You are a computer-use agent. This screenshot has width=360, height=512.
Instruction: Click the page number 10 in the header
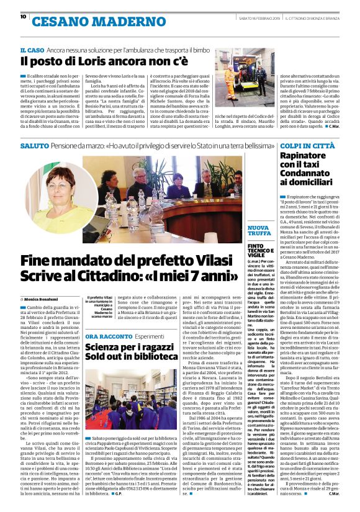tap(23, 16)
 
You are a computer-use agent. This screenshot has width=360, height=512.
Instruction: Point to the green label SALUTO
tap(34, 145)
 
